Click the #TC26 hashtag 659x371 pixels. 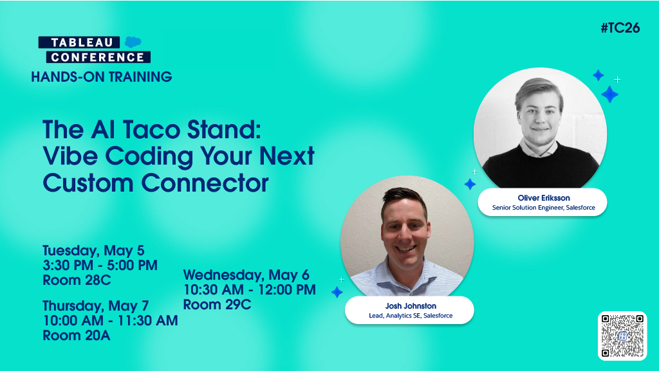tap(620, 28)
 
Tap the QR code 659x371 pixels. tap(622, 336)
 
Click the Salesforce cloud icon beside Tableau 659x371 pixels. tap(133, 42)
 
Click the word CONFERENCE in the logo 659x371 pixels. tap(98, 57)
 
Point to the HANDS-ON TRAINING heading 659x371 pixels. tap(102, 77)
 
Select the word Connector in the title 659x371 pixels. tap(205, 183)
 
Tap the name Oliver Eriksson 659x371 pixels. tap(544, 197)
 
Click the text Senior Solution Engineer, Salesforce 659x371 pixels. tap(543, 207)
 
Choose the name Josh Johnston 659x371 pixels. tap(411, 306)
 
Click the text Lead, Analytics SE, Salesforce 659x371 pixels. tap(411, 316)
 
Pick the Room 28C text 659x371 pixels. tap(77, 280)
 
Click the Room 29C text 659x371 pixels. tap(218, 304)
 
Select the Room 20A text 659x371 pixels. tap(77, 336)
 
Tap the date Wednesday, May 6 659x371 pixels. tap(246, 275)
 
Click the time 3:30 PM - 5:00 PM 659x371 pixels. tap(100, 266)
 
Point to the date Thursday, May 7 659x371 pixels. tap(96, 306)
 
